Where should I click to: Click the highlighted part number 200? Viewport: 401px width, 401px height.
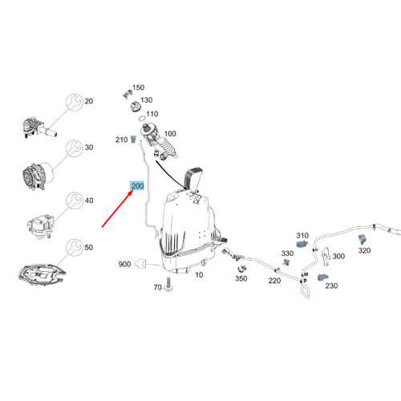tap(137, 185)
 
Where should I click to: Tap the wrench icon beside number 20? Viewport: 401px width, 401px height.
tap(75, 102)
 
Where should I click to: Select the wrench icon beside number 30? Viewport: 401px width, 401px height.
tap(75, 148)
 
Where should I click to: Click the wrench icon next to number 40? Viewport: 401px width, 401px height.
tap(75, 200)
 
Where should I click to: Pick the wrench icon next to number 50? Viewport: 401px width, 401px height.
tap(75, 248)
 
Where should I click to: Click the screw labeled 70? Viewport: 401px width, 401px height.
tap(168, 284)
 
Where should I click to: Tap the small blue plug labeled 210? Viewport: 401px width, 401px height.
tap(133, 140)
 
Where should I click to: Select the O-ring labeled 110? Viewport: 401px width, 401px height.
tap(143, 118)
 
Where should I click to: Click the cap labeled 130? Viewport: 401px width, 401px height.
tap(135, 107)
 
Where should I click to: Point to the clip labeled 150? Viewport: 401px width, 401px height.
tap(128, 94)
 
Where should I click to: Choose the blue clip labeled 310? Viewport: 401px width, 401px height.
tap(302, 244)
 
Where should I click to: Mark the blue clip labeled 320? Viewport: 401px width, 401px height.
tap(362, 239)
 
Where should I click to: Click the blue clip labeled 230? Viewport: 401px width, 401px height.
tap(323, 277)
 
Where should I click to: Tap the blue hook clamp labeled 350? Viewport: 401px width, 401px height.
tap(242, 269)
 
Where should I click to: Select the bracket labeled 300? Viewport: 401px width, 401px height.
tap(326, 257)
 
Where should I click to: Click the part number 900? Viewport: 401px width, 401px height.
tap(124, 264)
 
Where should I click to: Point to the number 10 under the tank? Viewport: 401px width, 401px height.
tap(199, 275)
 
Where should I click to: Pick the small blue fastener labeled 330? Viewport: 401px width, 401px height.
tap(286, 261)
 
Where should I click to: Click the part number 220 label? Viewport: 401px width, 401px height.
tap(274, 281)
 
